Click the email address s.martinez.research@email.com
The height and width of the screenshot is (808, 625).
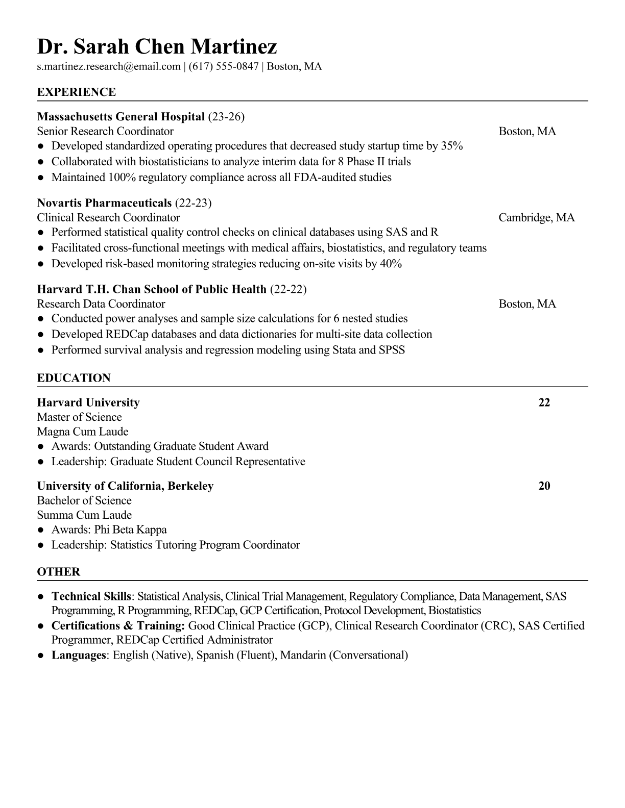[109, 66]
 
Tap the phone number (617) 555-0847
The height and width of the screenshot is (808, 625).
[223, 66]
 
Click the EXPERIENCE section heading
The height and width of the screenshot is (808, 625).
[77, 92]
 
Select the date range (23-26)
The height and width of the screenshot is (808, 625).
[226, 117]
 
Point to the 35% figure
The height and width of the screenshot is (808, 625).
[452, 146]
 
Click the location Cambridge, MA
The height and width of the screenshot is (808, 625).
[536, 218]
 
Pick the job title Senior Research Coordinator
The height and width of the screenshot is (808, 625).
[105, 131]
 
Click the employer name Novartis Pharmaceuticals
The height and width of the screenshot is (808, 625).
[104, 203]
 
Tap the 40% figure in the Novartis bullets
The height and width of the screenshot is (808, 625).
[391, 264]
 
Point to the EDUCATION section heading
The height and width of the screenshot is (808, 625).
[74, 378]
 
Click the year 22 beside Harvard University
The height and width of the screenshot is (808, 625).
[544, 402]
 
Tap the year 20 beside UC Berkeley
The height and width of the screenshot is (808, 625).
[544, 486]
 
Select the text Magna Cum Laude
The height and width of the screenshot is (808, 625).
[83, 432]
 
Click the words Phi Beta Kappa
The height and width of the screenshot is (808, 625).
[130, 529]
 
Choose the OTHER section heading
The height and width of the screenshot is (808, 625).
[59, 572]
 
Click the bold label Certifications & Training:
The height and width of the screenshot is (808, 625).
[118, 626]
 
